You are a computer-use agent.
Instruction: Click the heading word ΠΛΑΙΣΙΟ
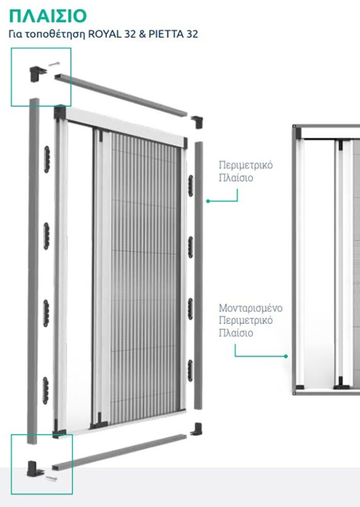click(x=48, y=16)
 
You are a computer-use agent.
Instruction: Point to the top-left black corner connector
click(x=37, y=74)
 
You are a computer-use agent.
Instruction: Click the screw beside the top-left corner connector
click(x=54, y=64)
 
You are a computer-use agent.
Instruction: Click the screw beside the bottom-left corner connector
click(x=51, y=478)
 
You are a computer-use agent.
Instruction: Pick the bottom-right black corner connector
click(x=196, y=429)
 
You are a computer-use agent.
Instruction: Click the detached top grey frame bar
click(x=121, y=95)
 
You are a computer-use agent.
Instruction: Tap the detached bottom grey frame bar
click(x=119, y=452)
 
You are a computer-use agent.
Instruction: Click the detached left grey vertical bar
click(x=33, y=271)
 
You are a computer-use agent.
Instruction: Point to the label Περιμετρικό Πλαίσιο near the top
click(x=245, y=171)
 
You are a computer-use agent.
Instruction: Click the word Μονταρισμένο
click(x=250, y=307)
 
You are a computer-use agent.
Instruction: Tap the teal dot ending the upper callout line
click(x=208, y=201)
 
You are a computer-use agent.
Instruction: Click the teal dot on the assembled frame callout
click(x=285, y=356)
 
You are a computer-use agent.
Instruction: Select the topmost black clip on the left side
click(x=47, y=159)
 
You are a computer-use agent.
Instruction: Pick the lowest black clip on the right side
click(x=190, y=370)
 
